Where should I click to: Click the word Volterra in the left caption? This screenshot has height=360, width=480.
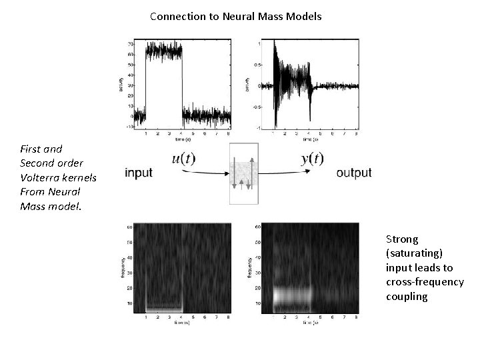[39, 177]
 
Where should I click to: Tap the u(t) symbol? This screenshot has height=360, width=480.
[184, 158]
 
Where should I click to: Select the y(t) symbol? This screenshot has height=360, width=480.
[311, 158]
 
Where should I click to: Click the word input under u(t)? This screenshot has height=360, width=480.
[139, 173]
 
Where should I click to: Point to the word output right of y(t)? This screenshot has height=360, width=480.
[354, 173]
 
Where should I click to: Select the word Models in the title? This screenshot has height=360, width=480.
[303, 16]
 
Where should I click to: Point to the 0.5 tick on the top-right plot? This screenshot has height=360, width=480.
[257, 65]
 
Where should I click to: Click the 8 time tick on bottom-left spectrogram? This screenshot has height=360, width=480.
[229, 317]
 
